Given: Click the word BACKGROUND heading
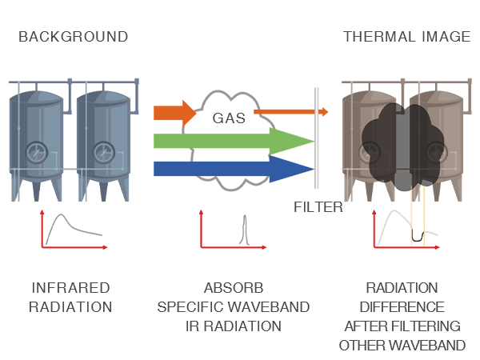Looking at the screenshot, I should pos(73,37).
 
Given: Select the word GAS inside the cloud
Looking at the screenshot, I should pos(229,118).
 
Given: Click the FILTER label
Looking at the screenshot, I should pos(318,207).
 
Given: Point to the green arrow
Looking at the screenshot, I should pos(232,142).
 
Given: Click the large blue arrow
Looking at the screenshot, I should pos(232,168).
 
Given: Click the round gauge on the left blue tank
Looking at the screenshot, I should pos(36,150).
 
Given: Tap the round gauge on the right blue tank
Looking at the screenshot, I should pos(103,150).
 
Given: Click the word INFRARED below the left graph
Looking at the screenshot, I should pos(70,287).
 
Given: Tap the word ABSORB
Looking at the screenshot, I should pos(234,287).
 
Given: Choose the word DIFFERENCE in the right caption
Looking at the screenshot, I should pos(402,306).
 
